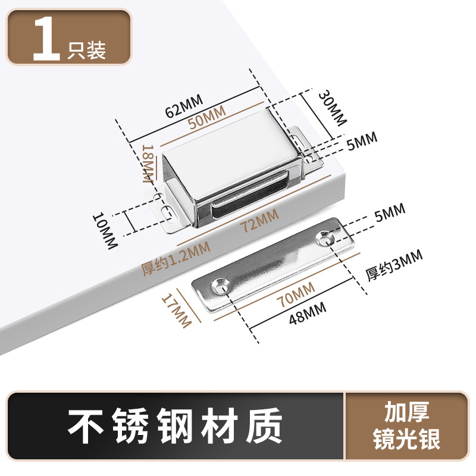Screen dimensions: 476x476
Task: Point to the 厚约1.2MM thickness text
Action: coord(175,261)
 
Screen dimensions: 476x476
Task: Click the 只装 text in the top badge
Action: coord(88,51)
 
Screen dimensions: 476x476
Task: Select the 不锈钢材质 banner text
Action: coord(174,426)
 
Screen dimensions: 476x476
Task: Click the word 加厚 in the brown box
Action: coord(406,412)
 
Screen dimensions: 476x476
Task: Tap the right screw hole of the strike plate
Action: coord(325,239)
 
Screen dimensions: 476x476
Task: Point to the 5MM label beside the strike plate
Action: coord(390,211)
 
